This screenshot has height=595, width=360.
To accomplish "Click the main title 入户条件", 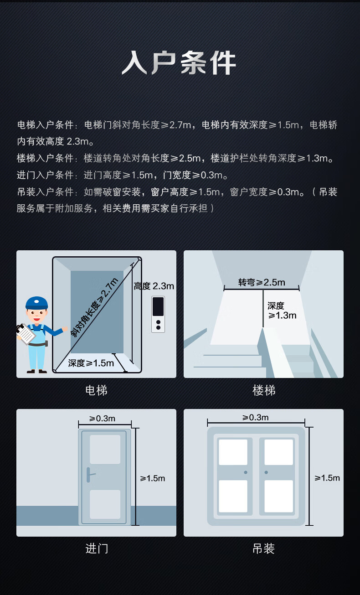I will [179, 63].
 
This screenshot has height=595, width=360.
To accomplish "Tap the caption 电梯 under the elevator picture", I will [96, 390].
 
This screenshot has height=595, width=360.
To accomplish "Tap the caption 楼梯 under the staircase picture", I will [264, 390].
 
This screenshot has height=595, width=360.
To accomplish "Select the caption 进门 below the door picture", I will [97, 548].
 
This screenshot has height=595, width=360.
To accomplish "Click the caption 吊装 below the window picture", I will [263, 548].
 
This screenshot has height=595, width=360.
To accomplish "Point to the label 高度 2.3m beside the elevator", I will [154, 286].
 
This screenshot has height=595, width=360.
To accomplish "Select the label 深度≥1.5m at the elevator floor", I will [91, 363].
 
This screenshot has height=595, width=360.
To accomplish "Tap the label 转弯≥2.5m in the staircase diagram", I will [262, 282].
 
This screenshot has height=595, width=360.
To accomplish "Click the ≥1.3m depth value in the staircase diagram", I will [282, 316].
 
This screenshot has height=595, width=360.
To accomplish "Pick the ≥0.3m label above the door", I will [102, 419].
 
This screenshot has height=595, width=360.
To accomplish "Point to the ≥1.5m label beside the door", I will [152, 478].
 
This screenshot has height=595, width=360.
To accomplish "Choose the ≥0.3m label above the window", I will [255, 418].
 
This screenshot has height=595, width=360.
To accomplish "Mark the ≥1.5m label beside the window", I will [327, 478].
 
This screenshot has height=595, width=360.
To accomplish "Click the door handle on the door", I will [90, 475].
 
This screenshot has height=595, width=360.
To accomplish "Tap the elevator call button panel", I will [158, 314].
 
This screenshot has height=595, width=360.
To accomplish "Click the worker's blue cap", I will [36, 303].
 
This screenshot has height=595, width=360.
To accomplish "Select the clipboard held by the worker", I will [26, 335].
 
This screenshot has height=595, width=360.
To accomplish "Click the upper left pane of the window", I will [233, 452].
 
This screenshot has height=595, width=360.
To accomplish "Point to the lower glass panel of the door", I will [105, 504].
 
